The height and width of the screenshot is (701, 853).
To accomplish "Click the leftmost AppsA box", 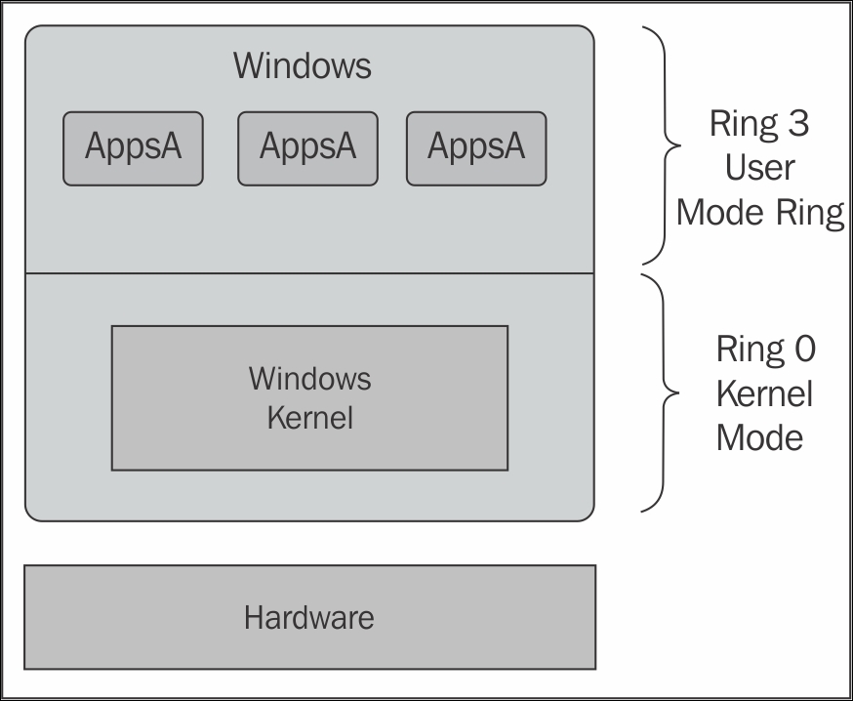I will (x=133, y=147).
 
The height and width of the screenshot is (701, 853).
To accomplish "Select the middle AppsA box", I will (x=307, y=147).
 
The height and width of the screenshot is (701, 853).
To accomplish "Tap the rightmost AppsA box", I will (x=476, y=147).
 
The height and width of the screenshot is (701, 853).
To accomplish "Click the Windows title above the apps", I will (x=303, y=66).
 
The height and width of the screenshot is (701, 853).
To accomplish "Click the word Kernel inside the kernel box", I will (x=309, y=418).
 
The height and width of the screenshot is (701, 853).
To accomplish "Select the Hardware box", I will (x=309, y=617).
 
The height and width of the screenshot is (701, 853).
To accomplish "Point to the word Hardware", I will (x=309, y=617).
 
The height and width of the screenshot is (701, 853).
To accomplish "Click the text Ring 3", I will (x=759, y=124).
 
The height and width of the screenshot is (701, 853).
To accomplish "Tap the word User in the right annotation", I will (x=759, y=168).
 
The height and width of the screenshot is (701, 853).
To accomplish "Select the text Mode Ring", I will (x=759, y=212).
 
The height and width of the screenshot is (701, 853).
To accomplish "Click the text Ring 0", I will (x=764, y=350).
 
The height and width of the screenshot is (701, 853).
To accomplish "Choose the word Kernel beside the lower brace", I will (x=764, y=393).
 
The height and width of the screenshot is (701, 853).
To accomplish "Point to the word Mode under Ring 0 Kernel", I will (x=759, y=437).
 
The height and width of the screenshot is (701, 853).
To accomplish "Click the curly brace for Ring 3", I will (x=666, y=145).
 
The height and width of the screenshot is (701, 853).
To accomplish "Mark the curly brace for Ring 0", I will (x=665, y=393).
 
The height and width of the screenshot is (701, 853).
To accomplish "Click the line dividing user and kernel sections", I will (x=309, y=273).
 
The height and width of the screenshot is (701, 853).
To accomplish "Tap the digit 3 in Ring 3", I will (x=797, y=124).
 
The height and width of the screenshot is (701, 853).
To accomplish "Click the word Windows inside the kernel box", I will (x=309, y=378).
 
